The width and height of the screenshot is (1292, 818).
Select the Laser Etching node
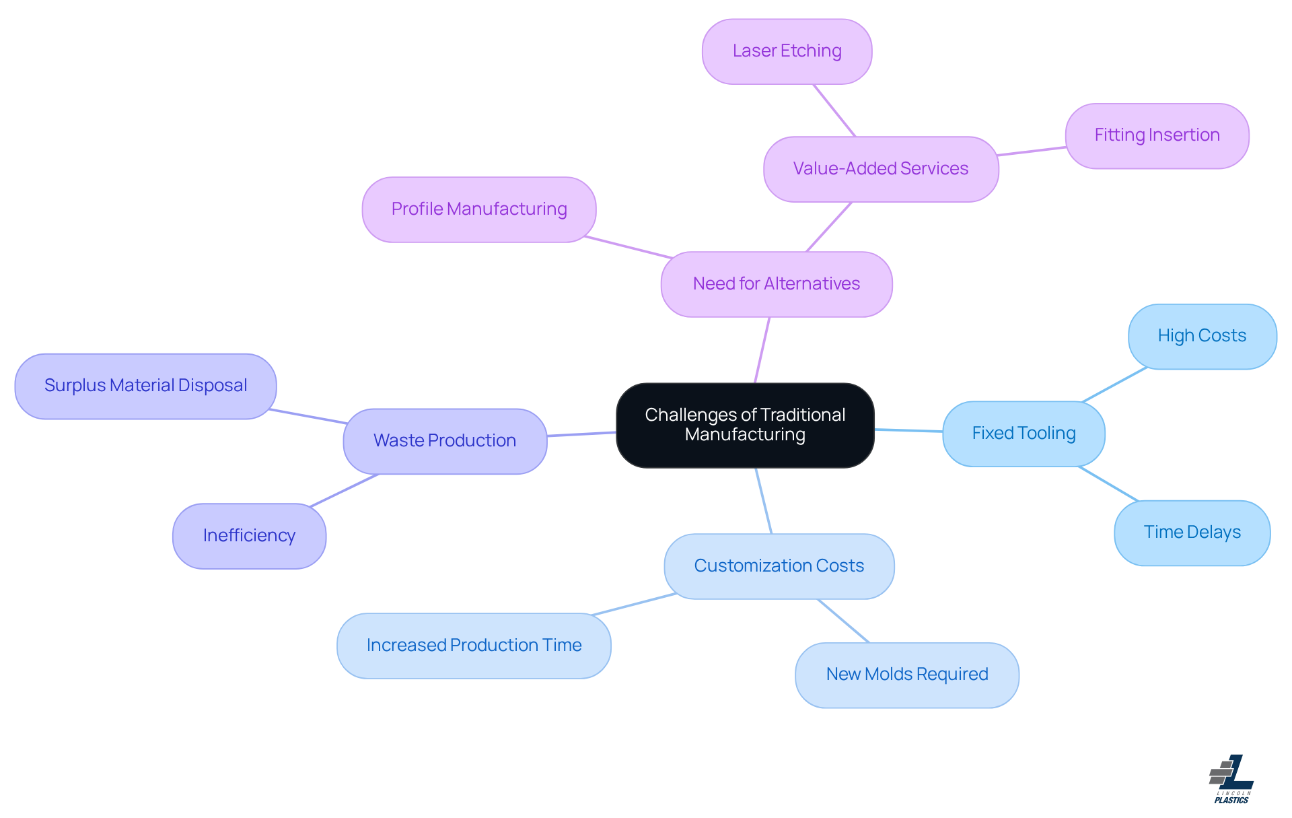click(787, 51)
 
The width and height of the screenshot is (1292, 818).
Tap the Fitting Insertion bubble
click(1157, 135)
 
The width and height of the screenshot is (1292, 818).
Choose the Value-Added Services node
click(880, 169)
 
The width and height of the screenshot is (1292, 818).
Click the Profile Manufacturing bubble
click(478, 209)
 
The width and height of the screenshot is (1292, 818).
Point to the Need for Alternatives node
click(776, 284)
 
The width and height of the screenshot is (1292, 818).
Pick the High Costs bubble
click(1202, 336)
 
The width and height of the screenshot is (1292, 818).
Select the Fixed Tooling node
click(1023, 434)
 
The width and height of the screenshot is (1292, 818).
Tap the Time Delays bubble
click(1192, 533)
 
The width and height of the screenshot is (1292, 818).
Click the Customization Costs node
click(779, 566)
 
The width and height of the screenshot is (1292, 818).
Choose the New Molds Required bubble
click(906, 675)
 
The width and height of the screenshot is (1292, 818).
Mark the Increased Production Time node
click(474, 646)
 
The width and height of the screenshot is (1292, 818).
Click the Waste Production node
click(444, 441)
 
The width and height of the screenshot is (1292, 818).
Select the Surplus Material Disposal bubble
click(145, 386)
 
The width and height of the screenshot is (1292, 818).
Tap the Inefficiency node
click(249, 536)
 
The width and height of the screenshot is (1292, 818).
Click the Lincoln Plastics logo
click(1231, 779)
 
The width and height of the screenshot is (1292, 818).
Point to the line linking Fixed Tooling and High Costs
click(1114, 385)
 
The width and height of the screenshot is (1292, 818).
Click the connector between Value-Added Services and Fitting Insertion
click(1032, 151)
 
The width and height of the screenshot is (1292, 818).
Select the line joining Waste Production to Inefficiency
click(344, 490)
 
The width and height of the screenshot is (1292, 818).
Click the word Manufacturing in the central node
click(745, 435)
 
